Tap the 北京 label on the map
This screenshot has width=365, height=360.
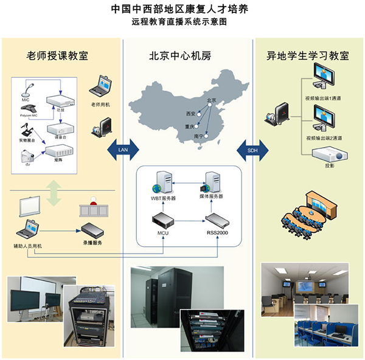(x=211, y=100)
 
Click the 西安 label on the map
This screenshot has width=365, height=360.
(x=190, y=113)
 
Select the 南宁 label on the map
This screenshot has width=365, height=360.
(x=198, y=137)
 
